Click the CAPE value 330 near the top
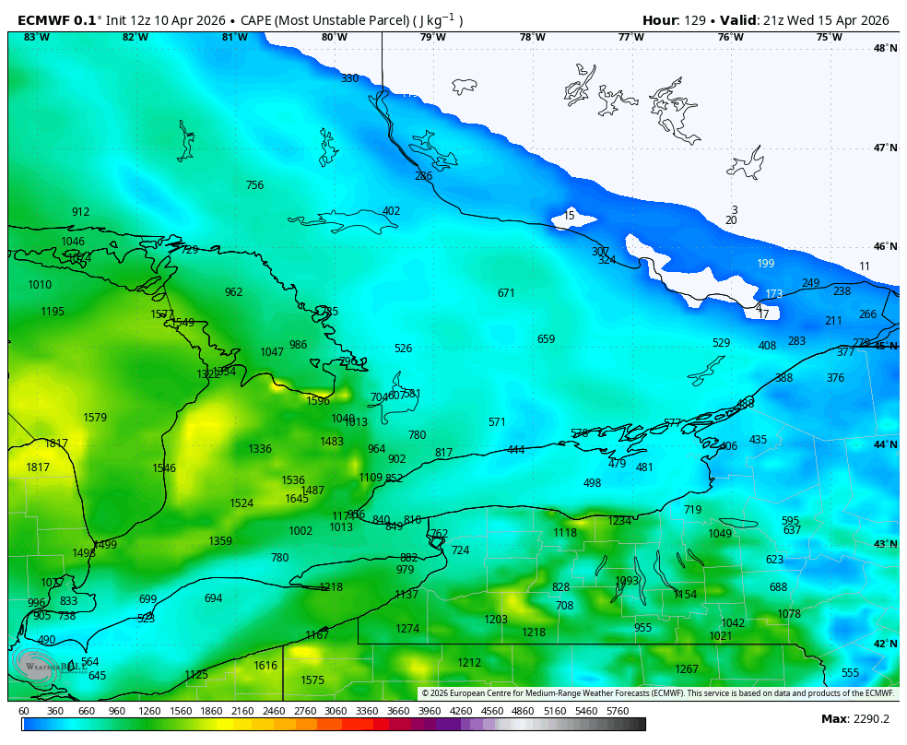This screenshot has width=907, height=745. click(x=349, y=78)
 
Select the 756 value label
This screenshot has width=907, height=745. click(x=254, y=185)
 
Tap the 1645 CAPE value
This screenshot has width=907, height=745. click(x=297, y=499)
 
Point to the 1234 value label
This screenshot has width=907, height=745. click(x=619, y=521)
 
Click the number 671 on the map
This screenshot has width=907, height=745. click(x=506, y=293)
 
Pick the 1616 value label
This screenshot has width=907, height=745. click(x=265, y=666)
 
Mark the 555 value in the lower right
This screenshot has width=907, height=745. click(x=850, y=673)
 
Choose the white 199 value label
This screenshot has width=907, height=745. click(x=766, y=264)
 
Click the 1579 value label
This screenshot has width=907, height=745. click(x=95, y=418)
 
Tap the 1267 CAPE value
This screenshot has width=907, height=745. click(x=687, y=669)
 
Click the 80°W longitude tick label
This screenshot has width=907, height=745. click(x=334, y=37)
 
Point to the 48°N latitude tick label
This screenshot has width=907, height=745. click(x=886, y=48)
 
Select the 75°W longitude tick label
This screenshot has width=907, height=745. click(x=829, y=37)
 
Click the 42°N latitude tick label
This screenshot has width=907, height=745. click(x=886, y=644)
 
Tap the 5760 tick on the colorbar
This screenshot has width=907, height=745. click(x=618, y=712)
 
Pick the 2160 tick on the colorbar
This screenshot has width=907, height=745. click(x=242, y=712)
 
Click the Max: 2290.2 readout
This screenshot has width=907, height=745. click(x=854, y=719)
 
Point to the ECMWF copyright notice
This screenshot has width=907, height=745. click(x=657, y=693)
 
